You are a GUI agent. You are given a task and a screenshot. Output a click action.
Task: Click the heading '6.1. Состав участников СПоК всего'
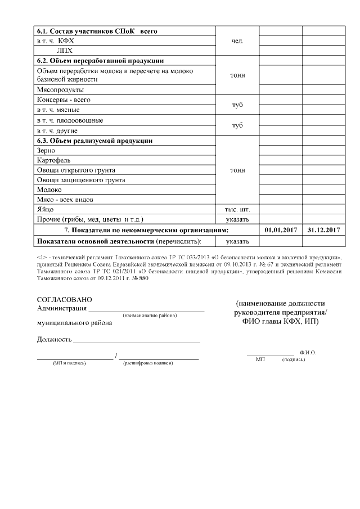[96, 31]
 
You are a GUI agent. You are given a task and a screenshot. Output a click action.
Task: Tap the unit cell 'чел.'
[237, 41]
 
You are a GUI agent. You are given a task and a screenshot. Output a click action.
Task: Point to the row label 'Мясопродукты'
[60, 89]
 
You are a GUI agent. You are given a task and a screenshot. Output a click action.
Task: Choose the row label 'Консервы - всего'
[63, 100]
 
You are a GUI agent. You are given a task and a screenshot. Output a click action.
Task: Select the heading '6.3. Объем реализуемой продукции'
[95, 141]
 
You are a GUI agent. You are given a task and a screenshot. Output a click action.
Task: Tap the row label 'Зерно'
[46, 151]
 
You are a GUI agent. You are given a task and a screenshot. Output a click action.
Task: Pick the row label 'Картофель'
[53, 160]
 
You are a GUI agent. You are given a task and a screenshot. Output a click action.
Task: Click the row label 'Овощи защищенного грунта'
[80, 180]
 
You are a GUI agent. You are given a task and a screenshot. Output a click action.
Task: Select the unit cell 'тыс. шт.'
[237, 209]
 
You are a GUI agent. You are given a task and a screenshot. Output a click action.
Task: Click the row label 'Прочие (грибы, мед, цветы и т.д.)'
[90, 219]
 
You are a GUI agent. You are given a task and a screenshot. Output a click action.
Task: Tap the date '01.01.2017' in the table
[280, 230]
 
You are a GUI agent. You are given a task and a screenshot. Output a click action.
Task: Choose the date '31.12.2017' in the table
[324, 230]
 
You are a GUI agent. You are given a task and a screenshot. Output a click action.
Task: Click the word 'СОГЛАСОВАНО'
[64, 300]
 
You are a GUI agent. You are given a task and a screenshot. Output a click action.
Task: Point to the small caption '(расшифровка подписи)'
[147, 363]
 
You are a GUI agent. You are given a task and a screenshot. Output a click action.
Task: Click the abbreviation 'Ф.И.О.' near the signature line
[308, 352]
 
